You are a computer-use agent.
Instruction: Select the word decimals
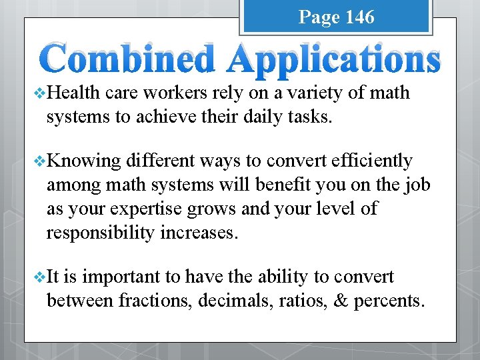(233, 300)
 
